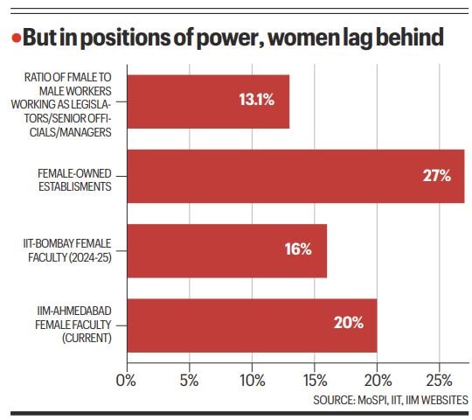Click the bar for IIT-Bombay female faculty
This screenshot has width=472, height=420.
click(x=227, y=249)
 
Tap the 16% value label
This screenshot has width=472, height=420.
click(x=297, y=249)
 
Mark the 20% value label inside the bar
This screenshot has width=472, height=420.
click(x=348, y=323)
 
